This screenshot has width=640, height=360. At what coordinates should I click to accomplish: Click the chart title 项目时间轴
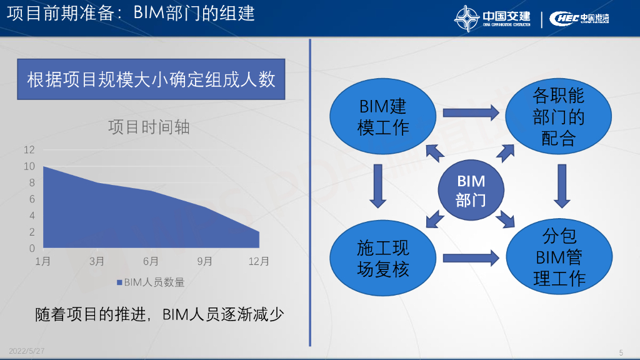(x=149, y=127)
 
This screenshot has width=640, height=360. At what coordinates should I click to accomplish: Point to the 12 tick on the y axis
(x=29, y=150)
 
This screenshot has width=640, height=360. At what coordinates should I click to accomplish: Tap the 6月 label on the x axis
(x=151, y=261)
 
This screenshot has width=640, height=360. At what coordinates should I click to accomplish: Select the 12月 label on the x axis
(x=258, y=261)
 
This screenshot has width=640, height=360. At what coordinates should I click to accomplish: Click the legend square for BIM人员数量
(x=119, y=282)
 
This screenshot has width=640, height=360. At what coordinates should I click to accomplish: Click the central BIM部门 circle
(x=471, y=191)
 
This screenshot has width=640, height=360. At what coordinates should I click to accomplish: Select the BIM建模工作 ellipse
(x=382, y=116)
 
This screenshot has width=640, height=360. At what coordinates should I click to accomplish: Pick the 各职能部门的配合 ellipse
(x=558, y=116)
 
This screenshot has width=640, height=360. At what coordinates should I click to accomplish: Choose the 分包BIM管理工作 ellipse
(x=558, y=257)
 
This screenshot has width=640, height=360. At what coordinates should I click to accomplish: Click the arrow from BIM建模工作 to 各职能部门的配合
(x=471, y=113)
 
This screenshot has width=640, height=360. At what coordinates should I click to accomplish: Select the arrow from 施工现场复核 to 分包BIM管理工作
(x=471, y=257)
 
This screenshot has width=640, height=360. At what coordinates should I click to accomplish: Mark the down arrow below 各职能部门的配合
(x=562, y=186)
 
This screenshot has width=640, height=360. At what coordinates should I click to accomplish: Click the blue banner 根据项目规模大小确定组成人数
(x=151, y=79)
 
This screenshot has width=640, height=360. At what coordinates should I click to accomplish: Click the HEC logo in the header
(x=564, y=18)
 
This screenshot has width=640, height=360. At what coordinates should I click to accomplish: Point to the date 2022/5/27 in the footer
(x=27, y=351)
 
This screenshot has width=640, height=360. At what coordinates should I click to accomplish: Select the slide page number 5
(x=621, y=352)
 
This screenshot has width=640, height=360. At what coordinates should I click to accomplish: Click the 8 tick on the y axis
(x=29, y=182)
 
